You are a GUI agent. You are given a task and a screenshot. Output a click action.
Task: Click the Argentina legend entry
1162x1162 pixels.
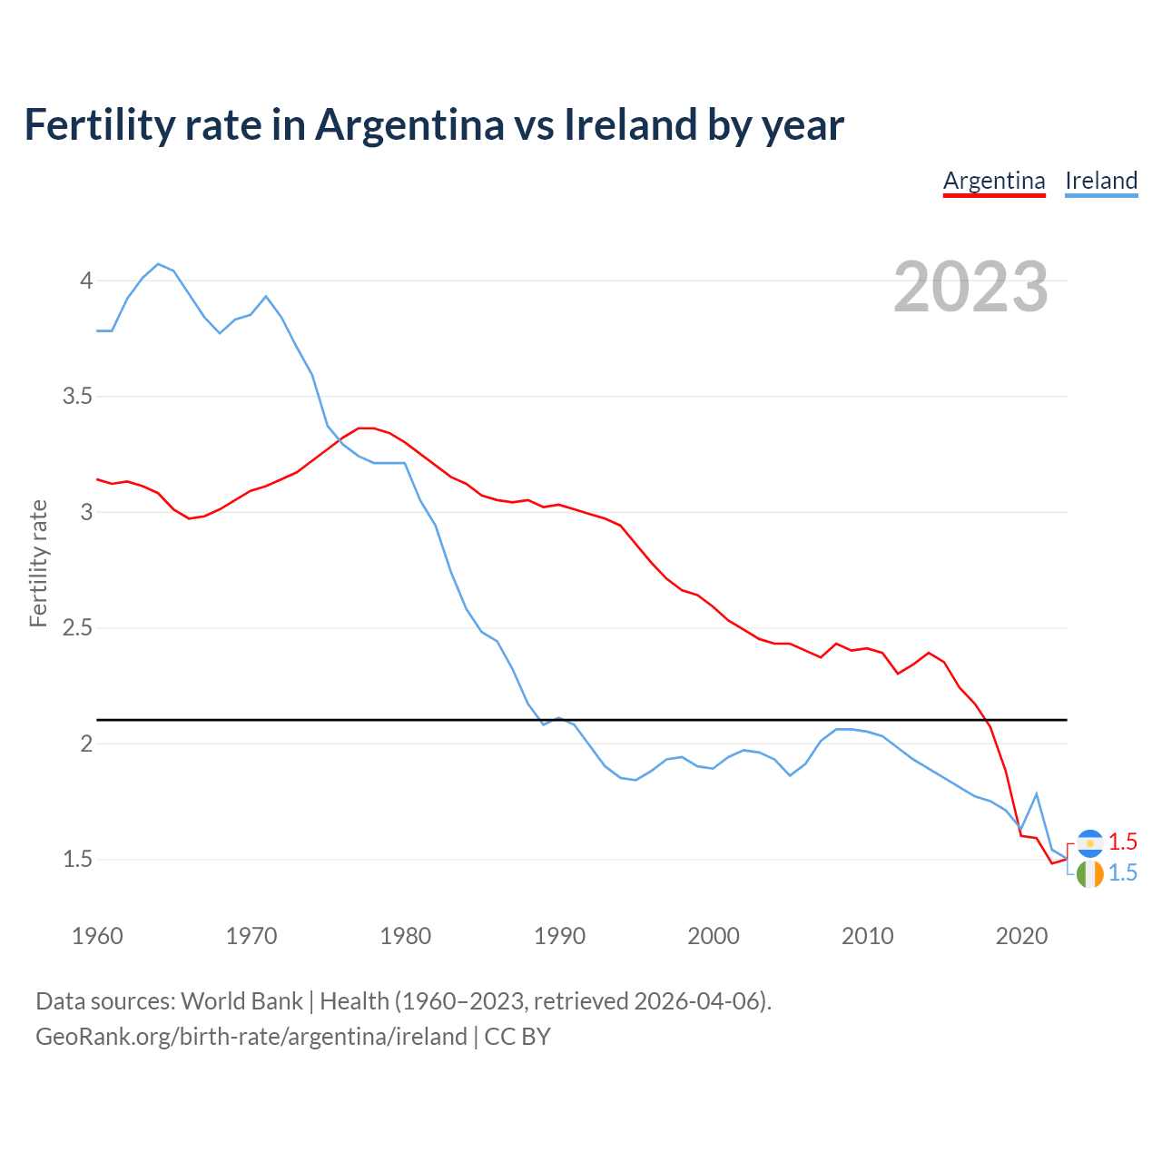tap(994, 181)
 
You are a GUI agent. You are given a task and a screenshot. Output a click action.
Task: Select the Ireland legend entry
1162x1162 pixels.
tap(1101, 181)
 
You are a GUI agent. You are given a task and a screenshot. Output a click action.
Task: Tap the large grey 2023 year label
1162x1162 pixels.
tap(970, 287)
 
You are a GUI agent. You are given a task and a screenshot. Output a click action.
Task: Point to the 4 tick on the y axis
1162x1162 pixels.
tap(86, 281)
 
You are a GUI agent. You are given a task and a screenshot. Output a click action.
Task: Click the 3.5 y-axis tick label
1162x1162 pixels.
tap(78, 397)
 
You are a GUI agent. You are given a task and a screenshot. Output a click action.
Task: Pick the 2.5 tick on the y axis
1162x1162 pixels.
tap(78, 628)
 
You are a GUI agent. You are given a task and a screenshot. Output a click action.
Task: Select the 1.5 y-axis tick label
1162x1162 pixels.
tap(78, 859)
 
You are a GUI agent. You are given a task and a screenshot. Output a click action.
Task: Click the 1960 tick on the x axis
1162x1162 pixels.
tap(97, 936)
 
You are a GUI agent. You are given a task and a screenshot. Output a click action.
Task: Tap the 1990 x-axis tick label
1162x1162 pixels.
tap(559, 936)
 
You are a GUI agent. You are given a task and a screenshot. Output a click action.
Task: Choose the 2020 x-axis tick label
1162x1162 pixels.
tap(1021, 936)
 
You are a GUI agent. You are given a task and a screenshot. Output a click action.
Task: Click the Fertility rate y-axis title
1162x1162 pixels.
tap(38, 563)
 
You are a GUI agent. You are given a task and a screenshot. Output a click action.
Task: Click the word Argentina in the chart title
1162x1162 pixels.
tap(409, 124)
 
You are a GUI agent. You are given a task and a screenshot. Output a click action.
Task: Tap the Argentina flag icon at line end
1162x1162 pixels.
tap(1089, 843)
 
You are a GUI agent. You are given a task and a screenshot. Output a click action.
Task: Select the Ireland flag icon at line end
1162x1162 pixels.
tap(1089, 874)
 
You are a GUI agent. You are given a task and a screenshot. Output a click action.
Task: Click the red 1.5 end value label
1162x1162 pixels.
tap(1123, 842)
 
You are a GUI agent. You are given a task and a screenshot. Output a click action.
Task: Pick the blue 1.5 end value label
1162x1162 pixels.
tap(1123, 872)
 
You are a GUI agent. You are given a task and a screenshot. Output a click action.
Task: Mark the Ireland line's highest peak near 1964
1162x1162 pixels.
tap(158, 264)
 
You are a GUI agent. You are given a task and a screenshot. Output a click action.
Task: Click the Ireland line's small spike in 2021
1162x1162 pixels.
tap(1036, 794)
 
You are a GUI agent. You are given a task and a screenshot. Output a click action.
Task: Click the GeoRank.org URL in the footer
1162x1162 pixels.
tap(251, 1037)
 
